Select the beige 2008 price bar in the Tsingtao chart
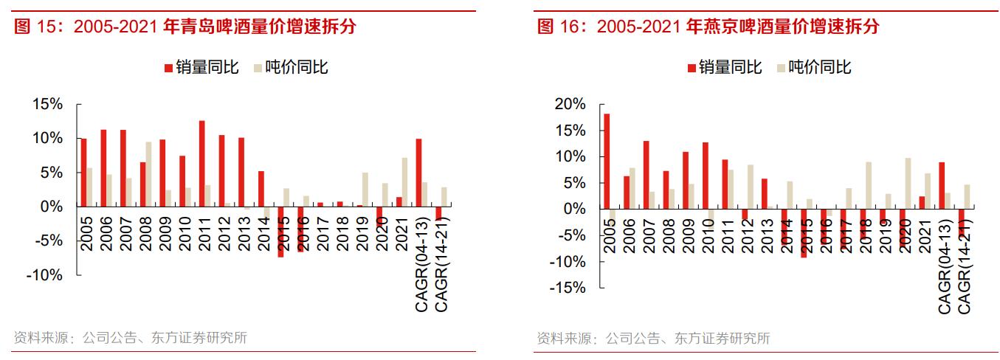(x=148, y=174)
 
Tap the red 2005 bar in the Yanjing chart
(x=607, y=162)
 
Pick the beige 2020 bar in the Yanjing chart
(x=908, y=184)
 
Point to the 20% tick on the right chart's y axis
(x=570, y=104)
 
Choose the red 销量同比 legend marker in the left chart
(x=168, y=68)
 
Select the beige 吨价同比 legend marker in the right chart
(x=780, y=68)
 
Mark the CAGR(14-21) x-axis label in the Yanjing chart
(x=964, y=266)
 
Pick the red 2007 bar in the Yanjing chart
(x=646, y=175)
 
